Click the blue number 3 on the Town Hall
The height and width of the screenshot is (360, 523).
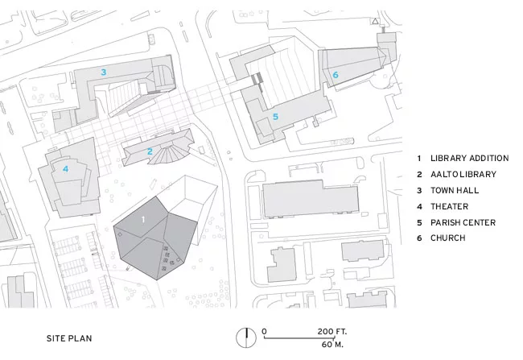(104, 72)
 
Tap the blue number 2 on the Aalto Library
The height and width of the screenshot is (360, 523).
(150, 151)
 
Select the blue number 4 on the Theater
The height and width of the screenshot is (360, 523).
(66, 169)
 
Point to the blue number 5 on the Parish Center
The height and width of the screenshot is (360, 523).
(275, 117)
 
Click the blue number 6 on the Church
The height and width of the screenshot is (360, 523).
(336, 75)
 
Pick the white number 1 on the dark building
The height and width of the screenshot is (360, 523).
(143, 219)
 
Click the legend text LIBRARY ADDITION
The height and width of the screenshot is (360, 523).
(470, 159)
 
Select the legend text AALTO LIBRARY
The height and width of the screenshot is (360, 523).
(463, 174)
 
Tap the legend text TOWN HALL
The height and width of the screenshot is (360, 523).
(455, 190)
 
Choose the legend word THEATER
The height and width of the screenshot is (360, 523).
(449, 206)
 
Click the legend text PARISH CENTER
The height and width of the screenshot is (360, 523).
(463, 222)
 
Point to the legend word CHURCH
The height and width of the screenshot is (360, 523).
(448, 238)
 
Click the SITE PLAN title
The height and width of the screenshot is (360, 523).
(69, 338)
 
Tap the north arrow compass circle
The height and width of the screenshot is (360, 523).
(246, 337)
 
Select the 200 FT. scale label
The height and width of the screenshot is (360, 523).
(332, 332)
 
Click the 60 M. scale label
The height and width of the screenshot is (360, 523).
(332, 345)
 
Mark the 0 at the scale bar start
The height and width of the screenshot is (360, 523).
(264, 332)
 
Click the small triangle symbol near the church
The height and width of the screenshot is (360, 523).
(375, 22)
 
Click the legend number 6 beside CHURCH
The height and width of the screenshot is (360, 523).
(419, 238)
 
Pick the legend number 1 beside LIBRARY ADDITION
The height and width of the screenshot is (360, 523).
(419, 159)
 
